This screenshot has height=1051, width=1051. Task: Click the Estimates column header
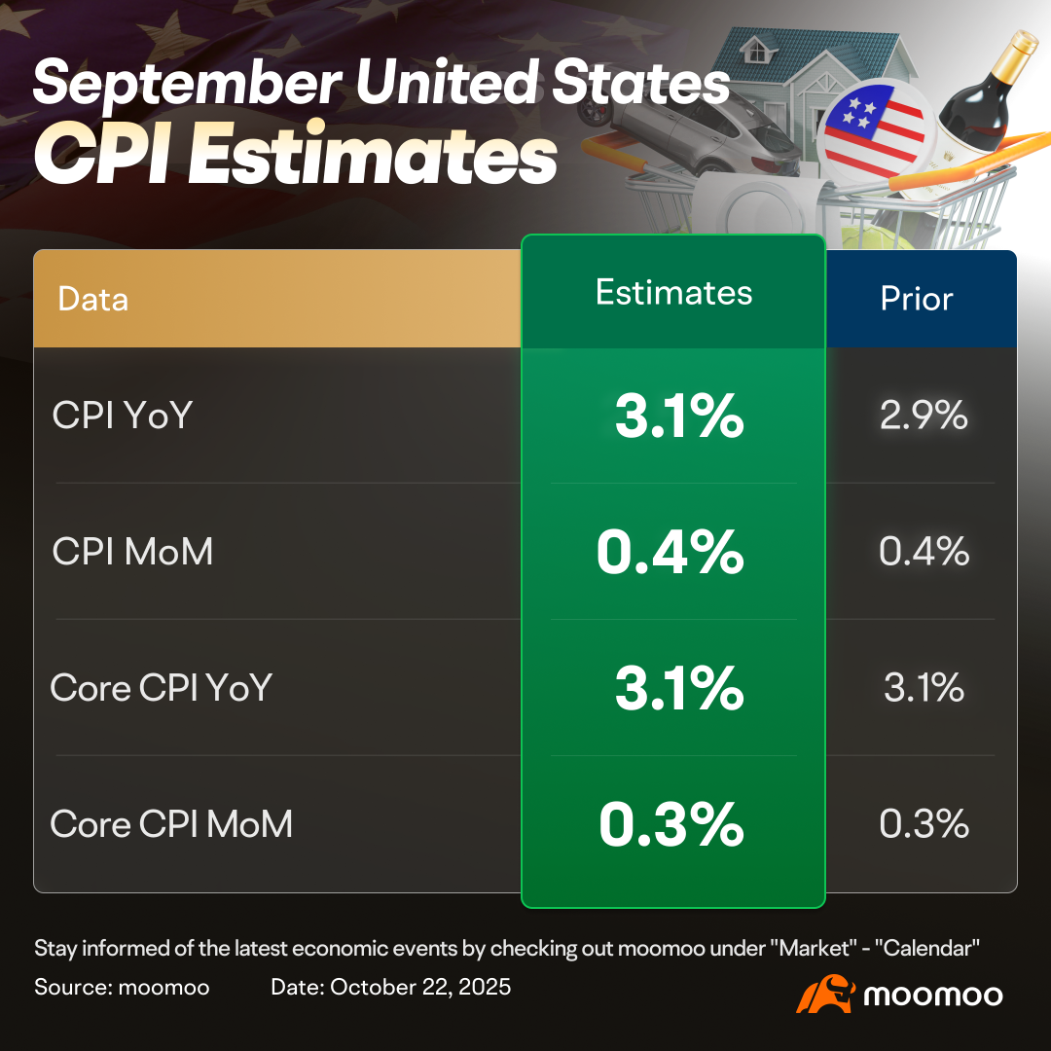673,293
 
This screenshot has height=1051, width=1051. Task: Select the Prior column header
917,299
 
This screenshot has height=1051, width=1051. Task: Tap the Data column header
93,299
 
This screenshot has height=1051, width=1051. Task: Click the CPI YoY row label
123,416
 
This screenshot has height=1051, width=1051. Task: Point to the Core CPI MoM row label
171,824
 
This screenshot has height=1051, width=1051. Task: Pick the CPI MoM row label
132,552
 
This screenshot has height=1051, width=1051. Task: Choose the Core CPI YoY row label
161,688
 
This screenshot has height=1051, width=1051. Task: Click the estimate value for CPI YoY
678,417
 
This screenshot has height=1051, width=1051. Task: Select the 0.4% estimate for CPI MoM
670,553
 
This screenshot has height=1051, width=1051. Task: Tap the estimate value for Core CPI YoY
678,689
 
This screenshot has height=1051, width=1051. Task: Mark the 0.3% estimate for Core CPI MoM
670,825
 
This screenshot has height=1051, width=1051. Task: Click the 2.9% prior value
924,416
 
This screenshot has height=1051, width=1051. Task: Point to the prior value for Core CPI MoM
924,824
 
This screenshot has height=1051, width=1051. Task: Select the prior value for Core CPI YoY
924,688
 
